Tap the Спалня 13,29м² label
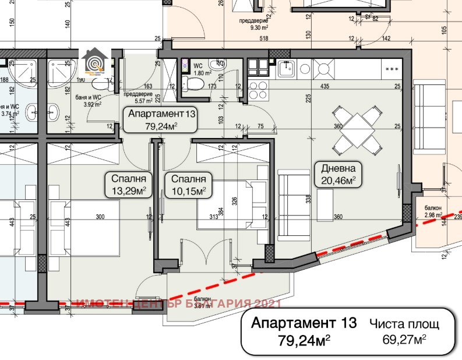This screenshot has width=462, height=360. point(129,183)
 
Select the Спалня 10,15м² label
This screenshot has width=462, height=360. point(188,183)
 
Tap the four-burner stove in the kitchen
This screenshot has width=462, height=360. point(258,90)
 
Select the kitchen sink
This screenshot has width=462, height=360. point(285,69)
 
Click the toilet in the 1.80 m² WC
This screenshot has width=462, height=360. point(192,85)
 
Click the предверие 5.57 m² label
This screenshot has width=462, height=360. point(139,98)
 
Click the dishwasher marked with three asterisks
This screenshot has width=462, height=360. point(393,69)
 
